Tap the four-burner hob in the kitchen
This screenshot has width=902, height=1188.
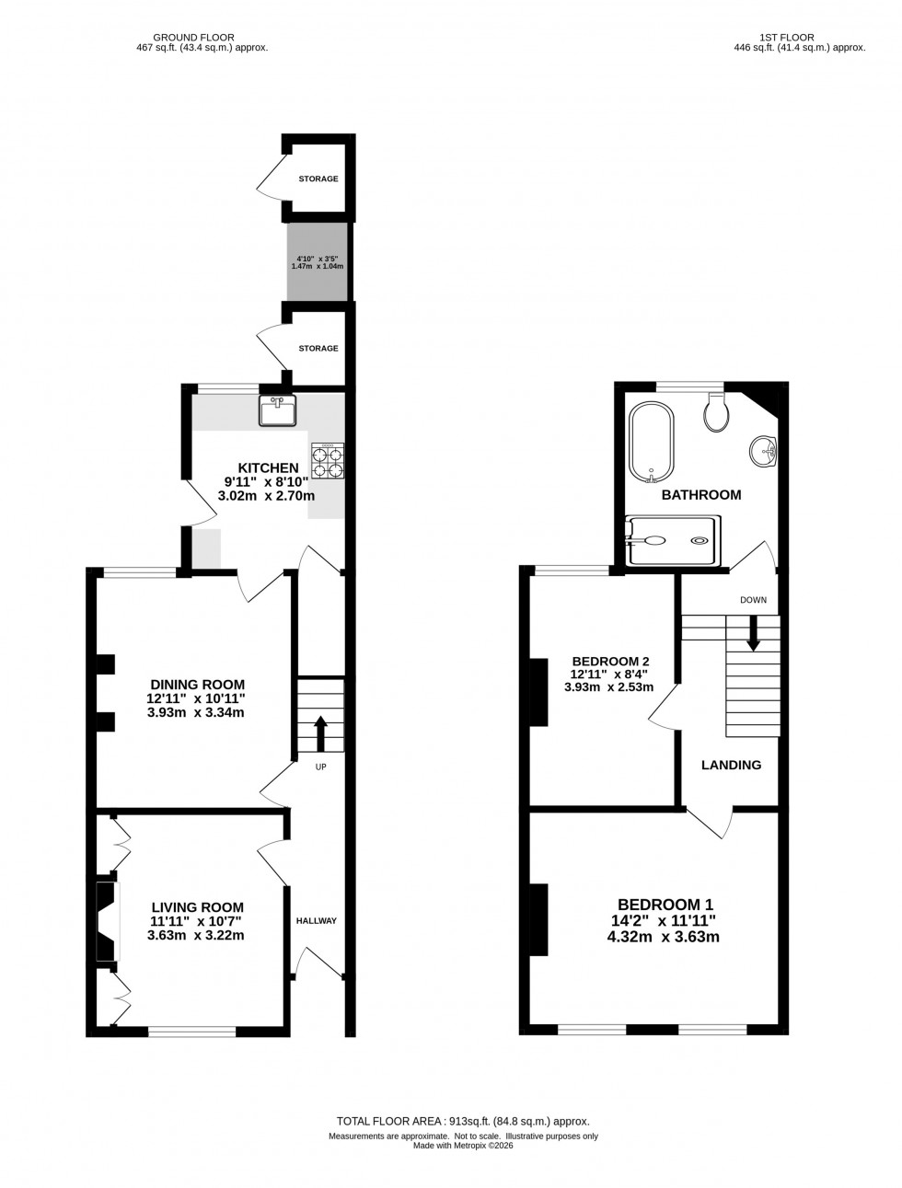[329, 460]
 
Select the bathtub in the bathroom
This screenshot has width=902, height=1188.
[652, 441]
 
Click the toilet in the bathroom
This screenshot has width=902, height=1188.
[716, 413]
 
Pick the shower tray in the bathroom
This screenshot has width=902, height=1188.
[669, 541]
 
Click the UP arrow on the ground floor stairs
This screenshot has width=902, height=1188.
[320, 734]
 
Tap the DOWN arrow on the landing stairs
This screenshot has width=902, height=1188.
[753, 631]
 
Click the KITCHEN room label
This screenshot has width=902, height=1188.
[268, 468]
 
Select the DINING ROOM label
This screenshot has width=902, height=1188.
[198, 685]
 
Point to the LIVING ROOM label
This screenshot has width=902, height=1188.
[197, 907]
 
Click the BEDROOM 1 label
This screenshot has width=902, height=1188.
[665, 905]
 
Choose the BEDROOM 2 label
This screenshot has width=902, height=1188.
[611, 661]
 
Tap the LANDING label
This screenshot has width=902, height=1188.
[732, 765]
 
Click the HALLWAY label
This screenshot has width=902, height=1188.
[317, 921]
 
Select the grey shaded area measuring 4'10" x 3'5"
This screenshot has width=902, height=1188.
[318, 262]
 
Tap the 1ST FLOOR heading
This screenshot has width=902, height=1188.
[787, 38]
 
